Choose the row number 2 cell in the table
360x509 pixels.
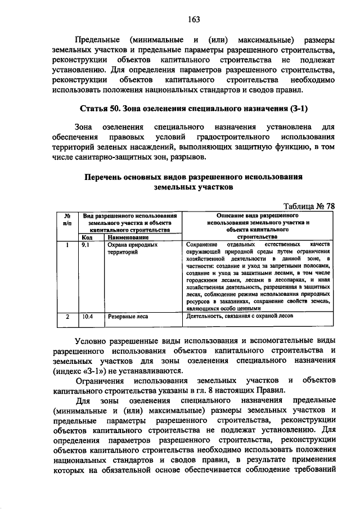[x=66, y=317]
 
